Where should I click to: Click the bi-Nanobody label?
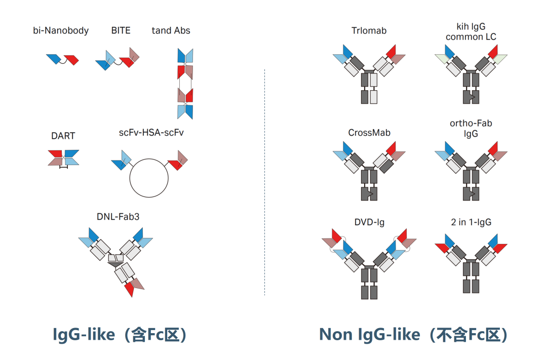pyautogui.click(x=61, y=31)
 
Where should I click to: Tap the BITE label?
pyautogui.click(x=121, y=31)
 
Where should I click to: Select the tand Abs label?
pyautogui.click(x=171, y=31)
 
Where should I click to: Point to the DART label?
pyautogui.click(x=63, y=136)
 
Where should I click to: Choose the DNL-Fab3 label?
pyautogui.click(x=118, y=217)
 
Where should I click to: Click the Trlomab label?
pyautogui.click(x=369, y=31)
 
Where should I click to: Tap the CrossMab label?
pyautogui.click(x=369, y=133)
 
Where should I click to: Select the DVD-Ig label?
pyautogui.click(x=369, y=222)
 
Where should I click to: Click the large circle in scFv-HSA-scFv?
pyautogui.click(x=149, y=178)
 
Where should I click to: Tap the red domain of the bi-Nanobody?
pyautogui.click(x=72, y=59)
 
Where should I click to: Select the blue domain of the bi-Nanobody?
pyautogui.click(x=53, y=59)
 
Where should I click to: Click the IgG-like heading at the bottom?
pyautogui.click(x=120, y=335)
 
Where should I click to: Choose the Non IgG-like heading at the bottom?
pyautogui.click(x=413, y=335)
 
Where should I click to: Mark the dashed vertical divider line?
pyautogui.click(x=264, y=182)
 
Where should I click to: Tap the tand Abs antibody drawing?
pyautogui.click(x=185, y=84)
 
